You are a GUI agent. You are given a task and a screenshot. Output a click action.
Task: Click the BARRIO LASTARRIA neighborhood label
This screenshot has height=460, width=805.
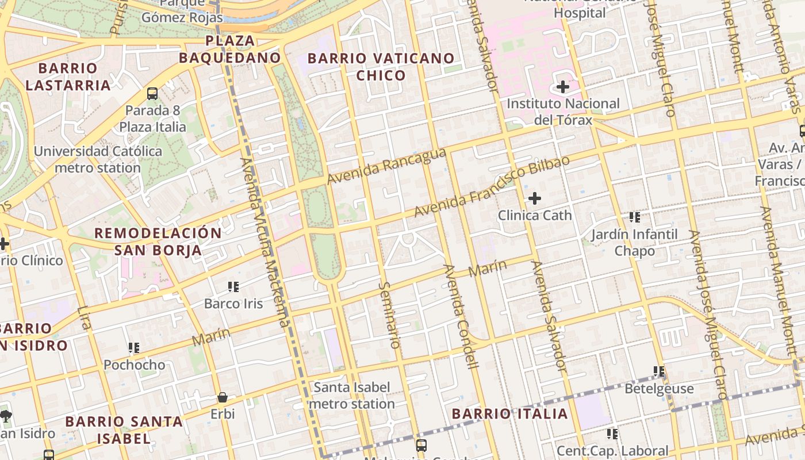[x=68, y=76]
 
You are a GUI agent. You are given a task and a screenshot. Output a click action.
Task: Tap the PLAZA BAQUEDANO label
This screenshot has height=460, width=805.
[x=229, y=49]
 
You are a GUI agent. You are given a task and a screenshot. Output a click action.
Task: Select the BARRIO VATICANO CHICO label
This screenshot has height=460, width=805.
[x=381, y=67]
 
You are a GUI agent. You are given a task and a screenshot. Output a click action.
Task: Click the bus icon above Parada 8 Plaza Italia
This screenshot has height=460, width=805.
[x=152, y=93]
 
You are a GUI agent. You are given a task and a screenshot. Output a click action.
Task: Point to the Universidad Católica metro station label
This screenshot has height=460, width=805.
[x=98, y=160]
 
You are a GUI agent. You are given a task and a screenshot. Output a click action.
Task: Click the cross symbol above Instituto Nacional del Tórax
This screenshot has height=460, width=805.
[x=563, y=87]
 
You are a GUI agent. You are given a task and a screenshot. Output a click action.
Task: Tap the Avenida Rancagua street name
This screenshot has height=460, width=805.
[x=386, y=166]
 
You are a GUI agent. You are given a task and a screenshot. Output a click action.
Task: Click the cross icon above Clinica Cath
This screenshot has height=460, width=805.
[x=535, y=199]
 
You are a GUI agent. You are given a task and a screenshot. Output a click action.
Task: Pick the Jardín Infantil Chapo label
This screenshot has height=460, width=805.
[x=635, y=243]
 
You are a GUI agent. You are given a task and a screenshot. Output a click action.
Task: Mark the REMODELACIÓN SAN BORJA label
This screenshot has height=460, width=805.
[x=158, y=241]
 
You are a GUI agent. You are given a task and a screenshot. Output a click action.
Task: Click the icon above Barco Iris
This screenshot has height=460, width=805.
[x=233, y=286]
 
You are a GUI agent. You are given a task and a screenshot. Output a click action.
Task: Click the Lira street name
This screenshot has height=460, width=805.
[x=84, y=317]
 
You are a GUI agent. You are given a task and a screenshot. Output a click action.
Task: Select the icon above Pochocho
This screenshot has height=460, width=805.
[x=134, y=347]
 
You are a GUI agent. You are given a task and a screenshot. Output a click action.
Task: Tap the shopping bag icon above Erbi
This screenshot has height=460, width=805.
[x=223, y=397]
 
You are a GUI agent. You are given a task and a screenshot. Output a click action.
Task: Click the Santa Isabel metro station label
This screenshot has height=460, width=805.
[x=352, y=396]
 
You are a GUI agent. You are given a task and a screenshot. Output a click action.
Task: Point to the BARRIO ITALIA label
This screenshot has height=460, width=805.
[x=509, y=413]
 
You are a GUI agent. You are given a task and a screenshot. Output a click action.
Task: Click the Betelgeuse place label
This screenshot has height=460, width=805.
[x=659, y=389]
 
